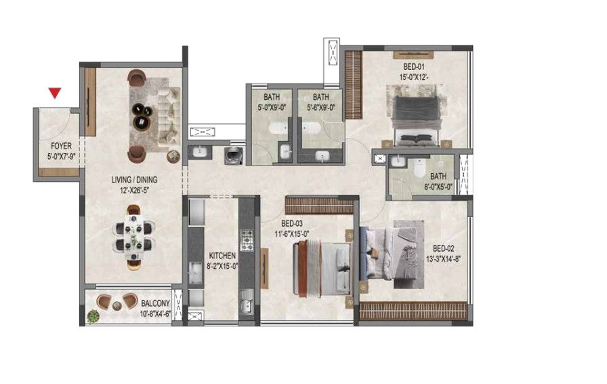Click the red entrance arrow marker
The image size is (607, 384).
tap(55, 93)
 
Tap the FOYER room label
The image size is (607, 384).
tap(61, 147)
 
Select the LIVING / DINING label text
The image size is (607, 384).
tap(134, 180)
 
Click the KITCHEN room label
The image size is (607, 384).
tap(222, 256)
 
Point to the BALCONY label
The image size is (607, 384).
tap(155, 303)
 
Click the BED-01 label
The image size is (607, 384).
tap(414, 66)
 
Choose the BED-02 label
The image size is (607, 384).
tap(443, 248)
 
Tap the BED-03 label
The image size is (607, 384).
tap(292, 223)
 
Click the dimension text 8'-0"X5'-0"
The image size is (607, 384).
tap(438, 187)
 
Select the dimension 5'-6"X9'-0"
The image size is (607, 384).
tap(321, 107)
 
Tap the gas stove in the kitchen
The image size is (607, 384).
tap(247, 240)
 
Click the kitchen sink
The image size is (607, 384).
tap(246, 303)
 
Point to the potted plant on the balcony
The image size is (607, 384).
tap(93, 317)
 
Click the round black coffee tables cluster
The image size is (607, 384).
tap(142, 116)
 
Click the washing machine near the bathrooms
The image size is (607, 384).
tap(234, 155)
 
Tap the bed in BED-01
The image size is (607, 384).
tap(416, 120)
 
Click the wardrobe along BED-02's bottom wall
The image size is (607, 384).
tap(414, 310)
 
